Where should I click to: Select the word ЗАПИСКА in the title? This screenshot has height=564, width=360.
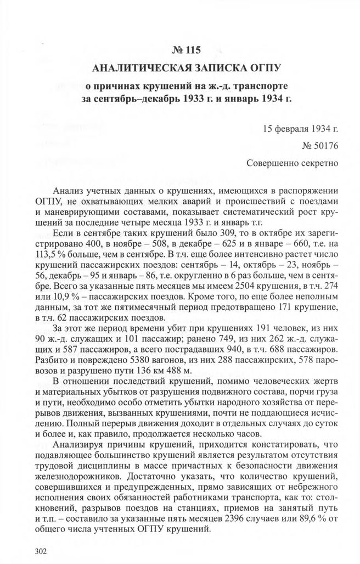(x=214, y=69)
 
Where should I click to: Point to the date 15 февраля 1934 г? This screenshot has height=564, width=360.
(x=300, y=130)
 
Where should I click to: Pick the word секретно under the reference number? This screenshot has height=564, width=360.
(x=318, y=163)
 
